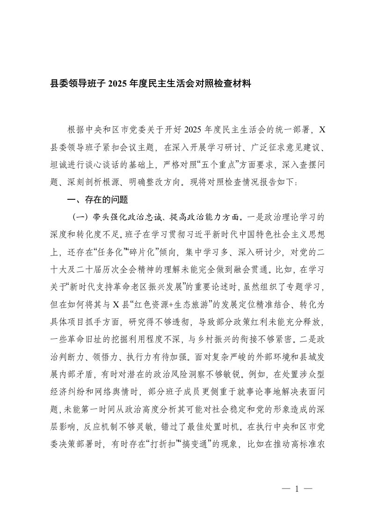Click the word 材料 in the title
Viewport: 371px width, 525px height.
[242, 85]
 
